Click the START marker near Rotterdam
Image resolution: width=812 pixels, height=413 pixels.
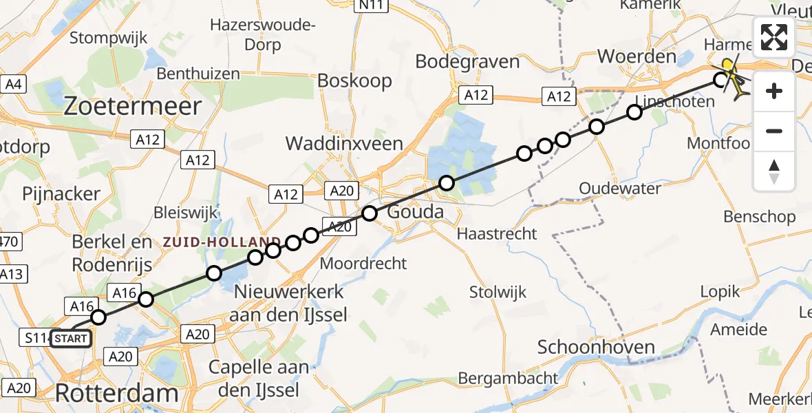(x=70, y=339)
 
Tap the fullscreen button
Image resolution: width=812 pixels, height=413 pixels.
(x=774, y=37)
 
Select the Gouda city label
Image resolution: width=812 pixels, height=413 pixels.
(x=415, y=211)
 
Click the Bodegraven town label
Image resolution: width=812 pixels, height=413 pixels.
(x=467, y=62)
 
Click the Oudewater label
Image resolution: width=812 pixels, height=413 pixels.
(x=620, y=189)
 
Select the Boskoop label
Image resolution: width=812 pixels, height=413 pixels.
(x=354, y=81)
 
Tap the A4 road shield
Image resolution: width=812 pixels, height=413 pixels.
(x=14, y=85)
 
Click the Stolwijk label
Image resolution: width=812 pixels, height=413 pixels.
(x=498, y=292)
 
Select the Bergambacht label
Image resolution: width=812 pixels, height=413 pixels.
(x=509, y=378)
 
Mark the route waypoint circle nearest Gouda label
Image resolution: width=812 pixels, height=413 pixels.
(x=370, y=213)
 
